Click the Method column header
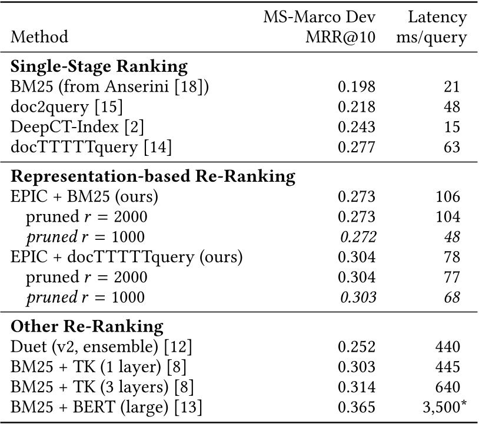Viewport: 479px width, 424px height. coord(40,37)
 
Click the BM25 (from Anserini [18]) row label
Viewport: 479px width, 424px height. coord(110,87)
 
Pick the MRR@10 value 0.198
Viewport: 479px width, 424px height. coord(356,87)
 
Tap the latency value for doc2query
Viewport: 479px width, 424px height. coord(452,107)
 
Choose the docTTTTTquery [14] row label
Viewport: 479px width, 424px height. coord(91,146)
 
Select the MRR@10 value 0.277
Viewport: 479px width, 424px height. coord(356,146)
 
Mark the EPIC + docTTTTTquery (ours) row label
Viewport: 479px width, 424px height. coord(127,256)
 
